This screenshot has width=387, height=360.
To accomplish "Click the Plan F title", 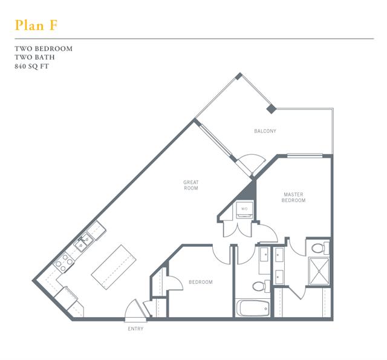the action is click(x=36, y=25).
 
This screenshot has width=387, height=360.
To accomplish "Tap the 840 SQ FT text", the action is click(x=31, y=66).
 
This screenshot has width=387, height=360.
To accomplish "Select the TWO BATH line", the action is click(x=34, y=57).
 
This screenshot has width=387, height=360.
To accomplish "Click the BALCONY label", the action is click(x=265, y=131).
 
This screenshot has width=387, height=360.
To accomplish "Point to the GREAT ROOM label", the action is click(x=191, y=185).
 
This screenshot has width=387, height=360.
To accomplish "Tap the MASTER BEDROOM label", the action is click(x=293, y=197).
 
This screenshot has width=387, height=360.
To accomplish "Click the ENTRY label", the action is click(x=135, y=329).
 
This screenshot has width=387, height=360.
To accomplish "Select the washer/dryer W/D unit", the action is click(x=244, y=210).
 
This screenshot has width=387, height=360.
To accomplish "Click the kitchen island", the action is click(x=114, y=267).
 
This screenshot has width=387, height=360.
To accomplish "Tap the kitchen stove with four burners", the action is click(x=63, y=263).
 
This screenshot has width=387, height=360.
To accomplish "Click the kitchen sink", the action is click(x=83, y=242).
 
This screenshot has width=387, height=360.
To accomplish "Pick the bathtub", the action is click(x=253, y=308).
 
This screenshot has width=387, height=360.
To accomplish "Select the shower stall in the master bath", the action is click(x=319, y=271).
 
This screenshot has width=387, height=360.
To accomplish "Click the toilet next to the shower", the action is click(x=320, y=248).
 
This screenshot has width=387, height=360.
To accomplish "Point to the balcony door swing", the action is click(x=251, y=164).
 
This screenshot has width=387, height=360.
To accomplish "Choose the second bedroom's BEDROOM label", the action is click(x=201, y=282).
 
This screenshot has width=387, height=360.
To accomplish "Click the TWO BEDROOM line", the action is click(x=44, y=48).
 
